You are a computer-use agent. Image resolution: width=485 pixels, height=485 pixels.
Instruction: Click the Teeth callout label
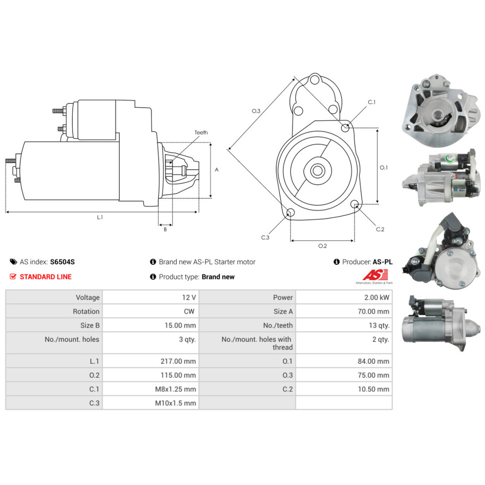tap(201, 132)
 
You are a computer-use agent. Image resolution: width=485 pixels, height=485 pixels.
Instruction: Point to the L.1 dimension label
tap(99, 218)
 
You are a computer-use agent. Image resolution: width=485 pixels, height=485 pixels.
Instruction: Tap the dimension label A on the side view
tap(217, 170)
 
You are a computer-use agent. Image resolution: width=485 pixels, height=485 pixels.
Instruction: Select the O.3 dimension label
tap(256, 111)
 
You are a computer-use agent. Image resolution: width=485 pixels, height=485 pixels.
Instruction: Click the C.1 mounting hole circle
tap(345, 128)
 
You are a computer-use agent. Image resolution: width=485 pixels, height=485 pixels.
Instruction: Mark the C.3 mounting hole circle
tap(291, 212)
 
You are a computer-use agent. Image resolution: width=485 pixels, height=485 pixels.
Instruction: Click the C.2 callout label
tap(380, 229)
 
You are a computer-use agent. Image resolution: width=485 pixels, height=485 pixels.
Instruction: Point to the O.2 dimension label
tap(322, 246)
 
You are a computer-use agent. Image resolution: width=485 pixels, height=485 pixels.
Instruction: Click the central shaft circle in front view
tap(318, 170)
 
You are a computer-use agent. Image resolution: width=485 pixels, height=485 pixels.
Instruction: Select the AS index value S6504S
tap(63, 262)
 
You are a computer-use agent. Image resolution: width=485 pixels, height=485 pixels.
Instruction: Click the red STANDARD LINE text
tap(45, 277)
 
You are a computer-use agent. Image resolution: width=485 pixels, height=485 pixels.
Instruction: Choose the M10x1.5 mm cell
tap(176, 403)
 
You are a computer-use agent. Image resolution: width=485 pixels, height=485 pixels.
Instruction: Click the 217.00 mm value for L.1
tap(178, 361)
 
